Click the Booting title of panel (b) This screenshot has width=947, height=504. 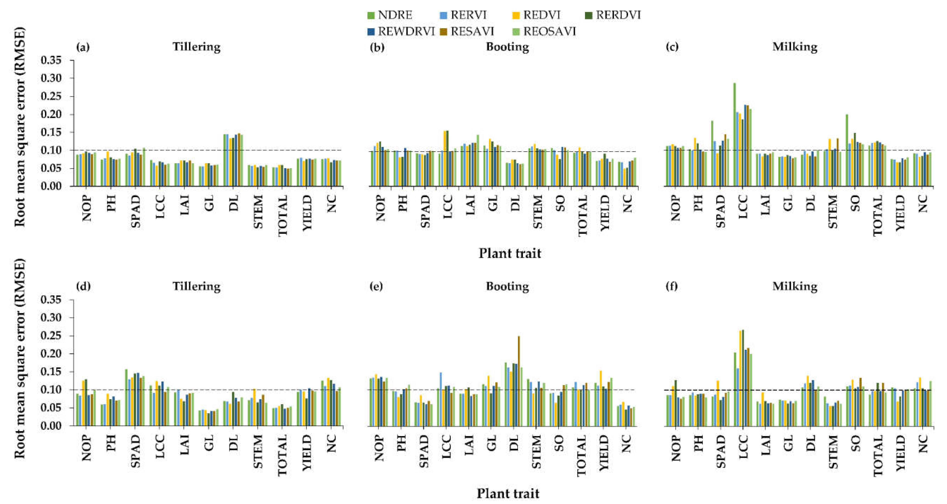pyautogui.click(x=507, y=47)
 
